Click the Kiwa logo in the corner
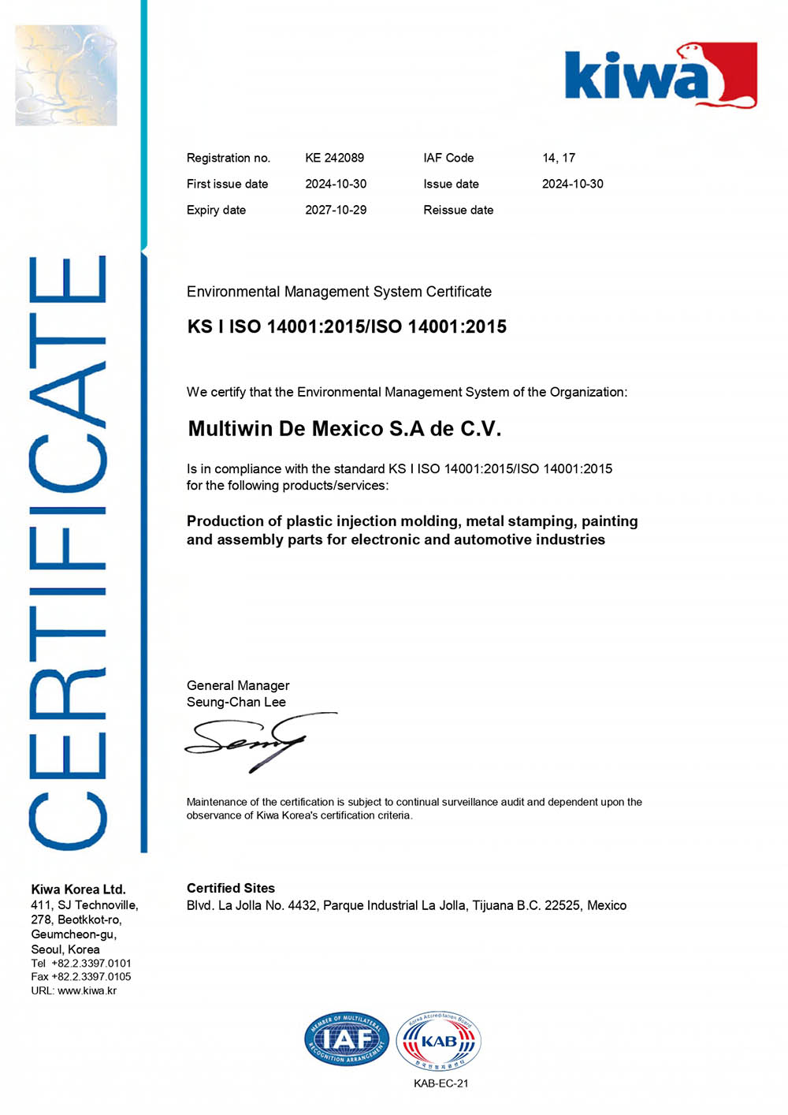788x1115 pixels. point(660,76)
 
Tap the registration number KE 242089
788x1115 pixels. point(334,158)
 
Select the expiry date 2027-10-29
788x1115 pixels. point(336,210)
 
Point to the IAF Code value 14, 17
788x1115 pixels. point(559,158)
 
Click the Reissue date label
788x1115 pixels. point(458,210)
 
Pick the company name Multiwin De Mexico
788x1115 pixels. point(344,429)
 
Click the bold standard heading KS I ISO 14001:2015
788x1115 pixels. point(347,326)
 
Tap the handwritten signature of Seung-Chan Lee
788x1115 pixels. point(252,743)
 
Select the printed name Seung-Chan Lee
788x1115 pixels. point(236,702)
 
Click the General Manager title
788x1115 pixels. point(238,685)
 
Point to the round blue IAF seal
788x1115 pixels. point(347,1039)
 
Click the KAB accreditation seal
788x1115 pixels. point(438,1042)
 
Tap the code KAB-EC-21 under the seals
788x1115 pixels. point(440,1083)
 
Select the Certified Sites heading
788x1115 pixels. point(231,888)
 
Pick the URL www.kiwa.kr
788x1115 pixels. point(87,990)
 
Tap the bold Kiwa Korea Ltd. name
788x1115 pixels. point(78,889)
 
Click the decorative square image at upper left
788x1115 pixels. point(66,75)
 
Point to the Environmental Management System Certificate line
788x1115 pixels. point(339,292)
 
